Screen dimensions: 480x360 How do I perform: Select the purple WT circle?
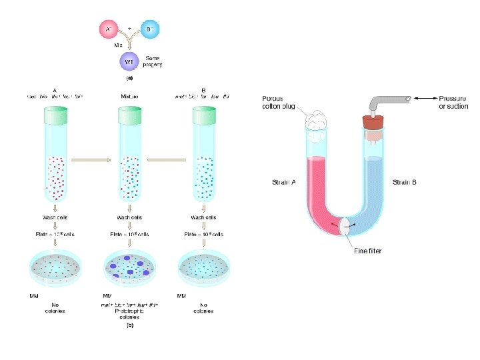coord(130,63)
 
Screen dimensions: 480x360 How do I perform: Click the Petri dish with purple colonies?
coord(130,267)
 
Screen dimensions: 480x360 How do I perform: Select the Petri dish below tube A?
coord(55,267)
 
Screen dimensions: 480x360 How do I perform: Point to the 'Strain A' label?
coord(284,182)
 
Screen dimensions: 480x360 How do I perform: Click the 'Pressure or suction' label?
coord(453,102)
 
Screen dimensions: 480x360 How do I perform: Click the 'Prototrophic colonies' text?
coord(131,311)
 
